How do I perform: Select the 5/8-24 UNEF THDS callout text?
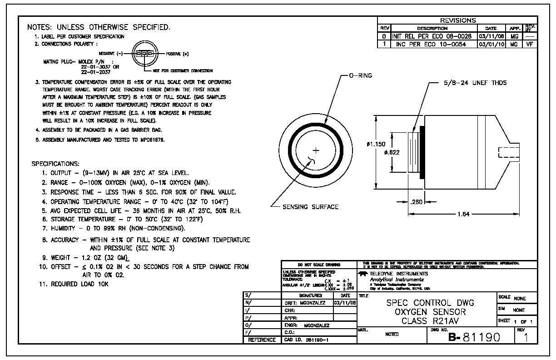475,83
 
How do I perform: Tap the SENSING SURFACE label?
310,207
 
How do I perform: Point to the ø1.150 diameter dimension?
376,144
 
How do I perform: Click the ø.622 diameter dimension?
392,152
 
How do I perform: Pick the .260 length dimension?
417,202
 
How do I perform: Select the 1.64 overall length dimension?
463,214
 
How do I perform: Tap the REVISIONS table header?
457,20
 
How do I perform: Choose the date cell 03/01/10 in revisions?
491,45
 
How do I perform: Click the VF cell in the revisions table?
530,45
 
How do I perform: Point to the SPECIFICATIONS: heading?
55,163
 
